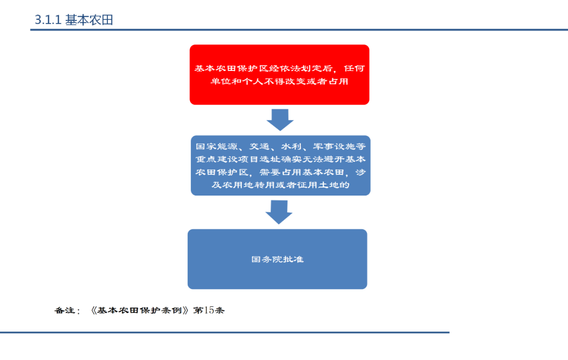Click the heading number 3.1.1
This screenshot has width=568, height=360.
click(x=48, y=20)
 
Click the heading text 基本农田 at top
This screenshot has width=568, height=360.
click(x=89, y=20)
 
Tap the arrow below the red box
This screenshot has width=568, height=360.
click(x=280, y=120)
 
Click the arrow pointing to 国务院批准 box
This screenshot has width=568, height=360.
click(x=279, y=212)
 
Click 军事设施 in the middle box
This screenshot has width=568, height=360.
click(x=334, y=146)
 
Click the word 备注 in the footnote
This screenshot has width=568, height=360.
click(x=65, y=311)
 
